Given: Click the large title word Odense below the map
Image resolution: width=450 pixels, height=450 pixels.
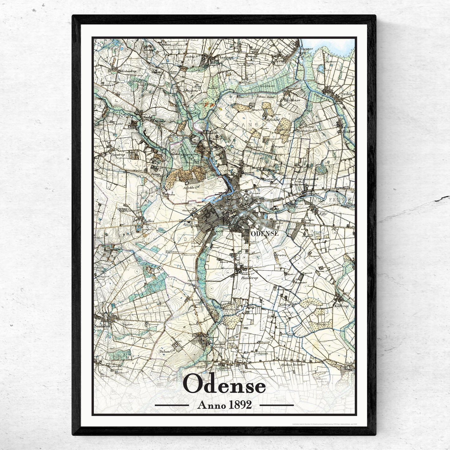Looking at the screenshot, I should (225, 386).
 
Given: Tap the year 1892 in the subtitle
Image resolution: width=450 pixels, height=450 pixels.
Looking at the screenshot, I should (240, 405).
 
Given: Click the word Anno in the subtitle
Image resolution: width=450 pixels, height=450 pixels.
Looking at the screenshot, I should (211, 405).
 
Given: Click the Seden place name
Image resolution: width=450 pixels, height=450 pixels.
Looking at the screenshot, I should (347, 94).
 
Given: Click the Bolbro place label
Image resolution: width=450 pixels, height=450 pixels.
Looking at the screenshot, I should (149, 221).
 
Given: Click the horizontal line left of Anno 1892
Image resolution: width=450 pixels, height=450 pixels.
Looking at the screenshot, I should (172, 405).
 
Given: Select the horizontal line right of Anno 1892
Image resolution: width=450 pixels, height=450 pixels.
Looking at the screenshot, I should (276, 405).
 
